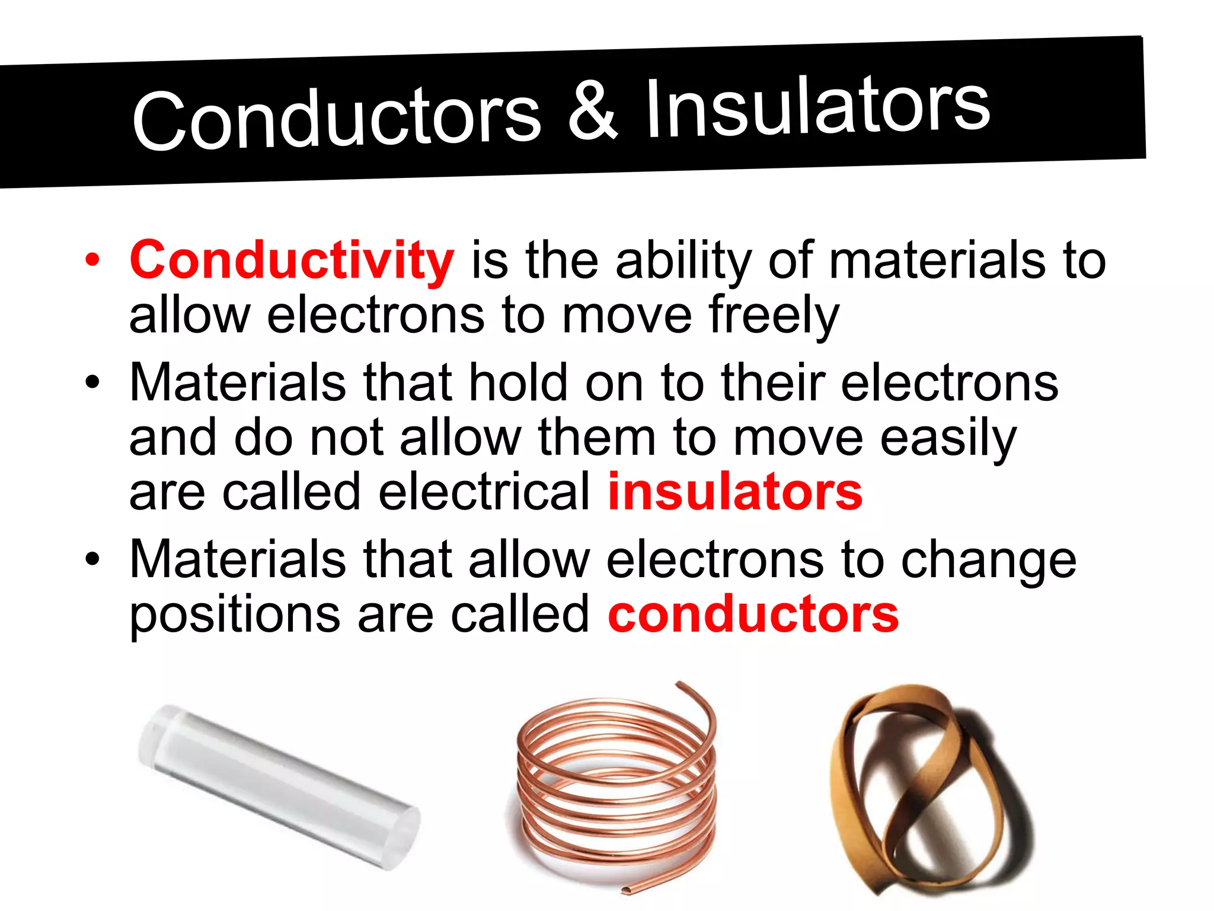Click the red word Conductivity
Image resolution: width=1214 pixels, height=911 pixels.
292,261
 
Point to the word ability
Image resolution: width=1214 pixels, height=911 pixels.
683,261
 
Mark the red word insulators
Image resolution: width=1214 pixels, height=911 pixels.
735,492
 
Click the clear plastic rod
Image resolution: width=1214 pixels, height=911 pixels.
279,786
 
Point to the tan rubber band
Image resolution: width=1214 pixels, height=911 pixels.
925,789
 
